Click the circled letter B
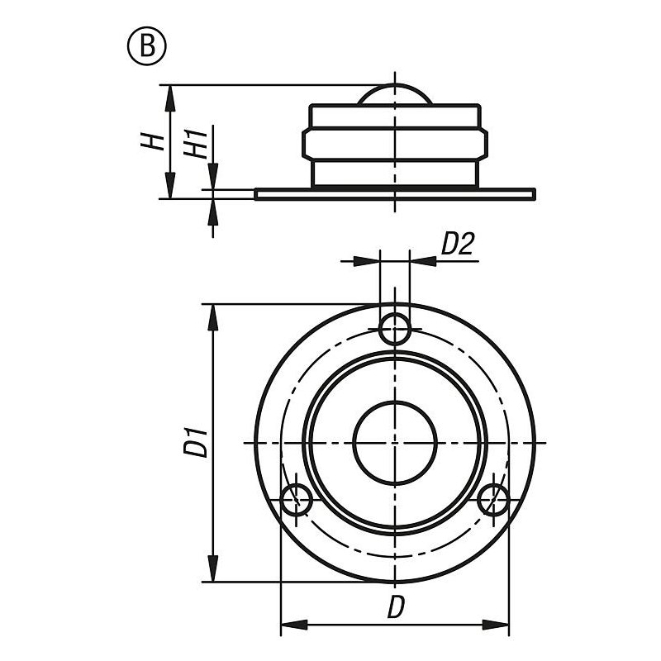[147, 45]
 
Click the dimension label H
[153, 141]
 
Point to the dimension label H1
[196, 144]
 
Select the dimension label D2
[458, 244]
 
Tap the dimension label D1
[196, 442]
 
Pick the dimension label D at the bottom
[396, 606]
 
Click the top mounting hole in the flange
[395, 328]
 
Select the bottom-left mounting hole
[297, 500]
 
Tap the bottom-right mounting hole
[493, 500]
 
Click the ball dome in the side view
[395, 93]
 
